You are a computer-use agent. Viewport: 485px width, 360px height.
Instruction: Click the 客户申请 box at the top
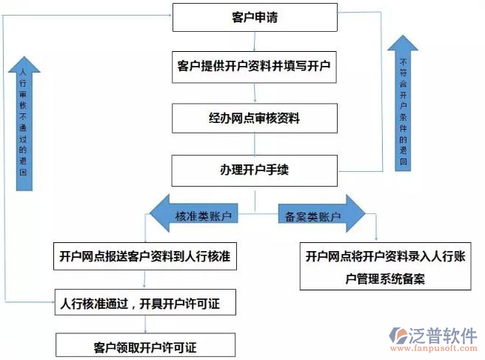coord(255,18)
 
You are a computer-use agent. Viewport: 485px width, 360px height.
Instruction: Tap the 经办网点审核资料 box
coord(255,117)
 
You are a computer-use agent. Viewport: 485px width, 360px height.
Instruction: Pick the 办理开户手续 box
coord(255,170)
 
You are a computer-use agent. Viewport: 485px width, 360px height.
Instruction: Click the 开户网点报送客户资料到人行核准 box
coord(144,256)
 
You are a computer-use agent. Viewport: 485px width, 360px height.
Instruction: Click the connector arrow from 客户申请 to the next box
coord(255,41)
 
